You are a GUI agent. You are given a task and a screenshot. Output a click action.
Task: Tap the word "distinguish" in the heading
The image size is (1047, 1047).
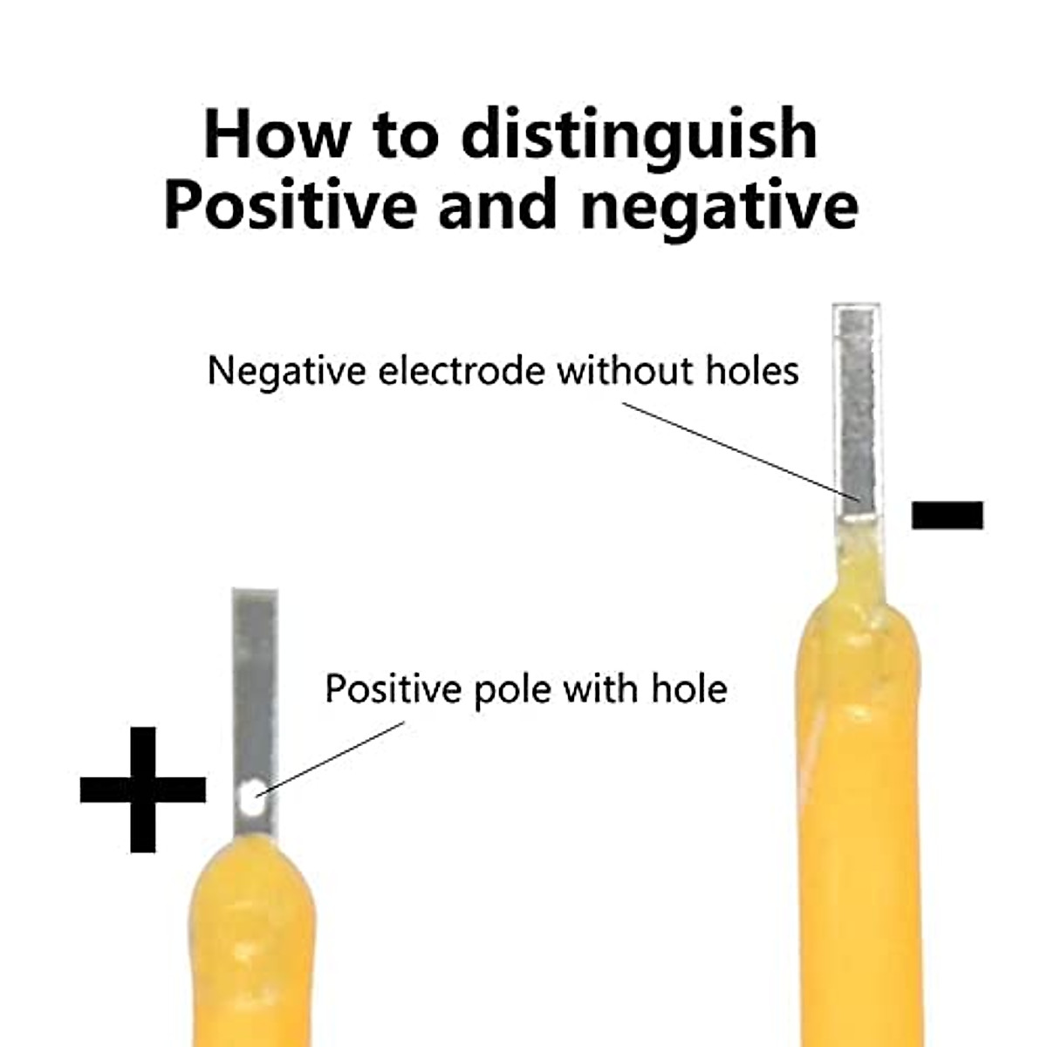click(640, 135)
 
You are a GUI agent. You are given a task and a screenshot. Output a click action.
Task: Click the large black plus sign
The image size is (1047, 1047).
click(142, 790)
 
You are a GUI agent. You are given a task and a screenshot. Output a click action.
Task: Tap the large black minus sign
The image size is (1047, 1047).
click(947, 515)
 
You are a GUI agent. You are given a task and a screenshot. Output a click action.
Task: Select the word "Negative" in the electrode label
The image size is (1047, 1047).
click(286, 371)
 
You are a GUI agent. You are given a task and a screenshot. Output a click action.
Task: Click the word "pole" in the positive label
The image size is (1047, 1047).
click(510, 689)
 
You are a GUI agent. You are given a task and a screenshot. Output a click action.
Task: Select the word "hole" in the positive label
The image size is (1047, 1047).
click(689, 689)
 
